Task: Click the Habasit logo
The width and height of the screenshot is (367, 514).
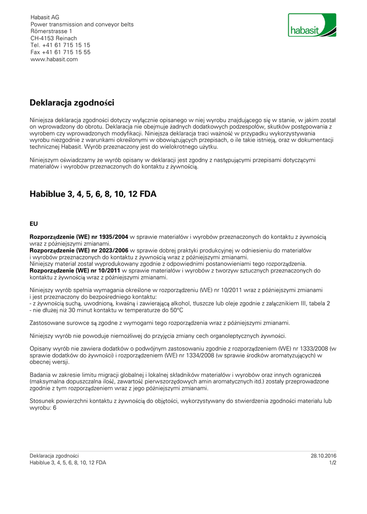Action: tap(312, 25)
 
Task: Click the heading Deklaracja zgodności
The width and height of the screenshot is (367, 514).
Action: tap(72, 103)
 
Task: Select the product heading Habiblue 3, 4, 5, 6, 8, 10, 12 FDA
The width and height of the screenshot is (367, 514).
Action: tap(93, 194)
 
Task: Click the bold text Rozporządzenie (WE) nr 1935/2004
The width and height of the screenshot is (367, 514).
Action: tap(79, 236)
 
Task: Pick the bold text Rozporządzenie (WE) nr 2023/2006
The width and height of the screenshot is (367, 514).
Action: tap(79, 250)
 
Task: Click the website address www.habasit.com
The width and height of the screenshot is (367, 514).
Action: tap(54, 59)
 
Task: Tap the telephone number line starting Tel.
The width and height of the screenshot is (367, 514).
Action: tap(60, 45)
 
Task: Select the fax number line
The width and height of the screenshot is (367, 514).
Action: tap(60, 52)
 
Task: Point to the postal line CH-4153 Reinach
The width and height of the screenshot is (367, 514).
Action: tap(54, 38)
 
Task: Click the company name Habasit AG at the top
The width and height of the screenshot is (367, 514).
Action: tap(45, 17)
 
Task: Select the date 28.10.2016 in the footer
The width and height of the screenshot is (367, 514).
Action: tap(323, 456)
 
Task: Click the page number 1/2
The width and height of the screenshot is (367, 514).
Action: tap(332, 463)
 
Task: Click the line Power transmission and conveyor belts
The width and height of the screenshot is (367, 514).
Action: tap(82, 24)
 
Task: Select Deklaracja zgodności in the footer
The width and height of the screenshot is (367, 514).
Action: tap(54, 456)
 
